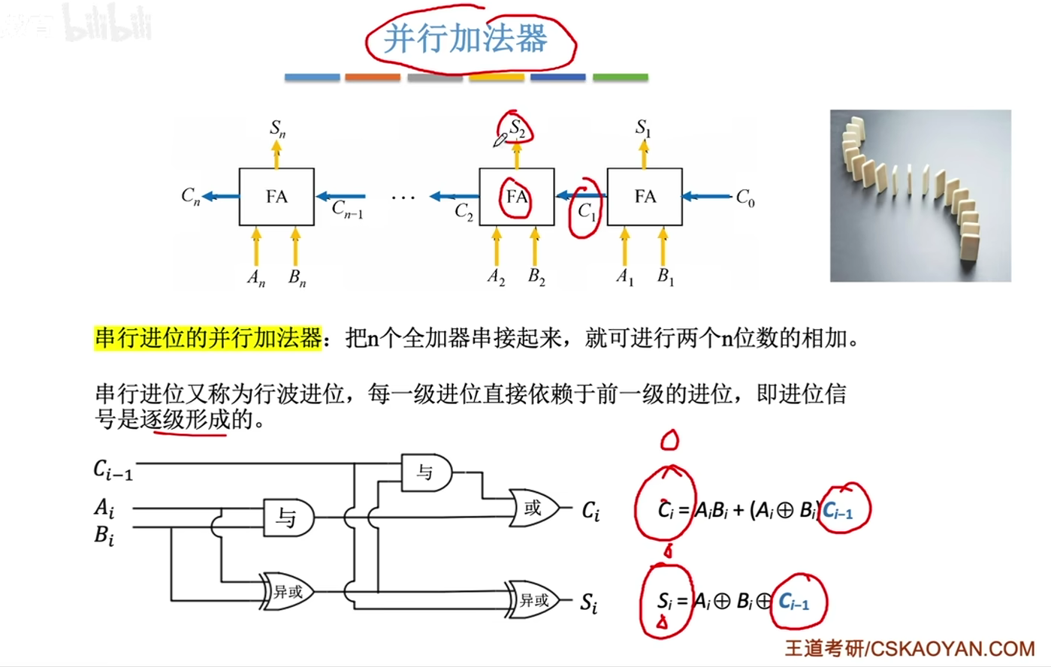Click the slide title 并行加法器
tap(466, 38)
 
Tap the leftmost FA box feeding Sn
tap(276, 197)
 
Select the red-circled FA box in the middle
tap(517, 197)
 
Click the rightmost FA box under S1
tap(645, 197)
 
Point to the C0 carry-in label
tap(744, 198)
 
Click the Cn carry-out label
tap(191, 197)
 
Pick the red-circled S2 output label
tap(518, 128)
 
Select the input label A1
tap(625, 277)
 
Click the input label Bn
tap(297, 278)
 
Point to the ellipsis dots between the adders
tap(403, 198)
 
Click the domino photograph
tap(920, 196)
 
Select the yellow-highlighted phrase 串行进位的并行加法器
tap(208, 338)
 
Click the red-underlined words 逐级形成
tap(185, 419)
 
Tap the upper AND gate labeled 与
tap(426, 472)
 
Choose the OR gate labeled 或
tap(534, 509)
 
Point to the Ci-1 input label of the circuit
tap(113, 470)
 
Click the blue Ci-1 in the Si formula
tap(794, 602)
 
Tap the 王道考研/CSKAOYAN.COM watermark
tap(910, 648)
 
